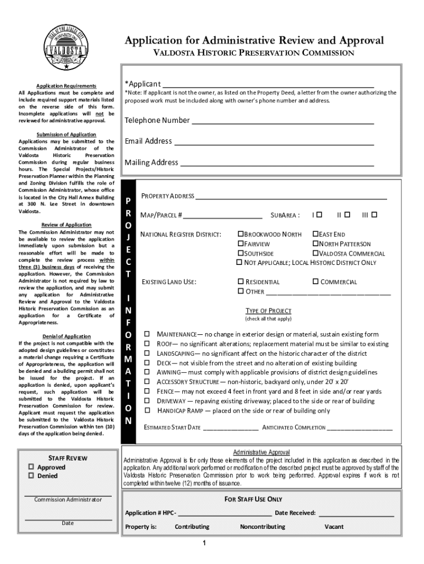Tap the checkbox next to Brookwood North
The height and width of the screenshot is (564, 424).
(241, 234)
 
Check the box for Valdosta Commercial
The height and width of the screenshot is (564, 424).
(316, 253)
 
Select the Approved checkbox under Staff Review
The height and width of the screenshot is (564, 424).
(31, 467)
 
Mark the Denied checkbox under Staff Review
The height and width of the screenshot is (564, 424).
(31, 476)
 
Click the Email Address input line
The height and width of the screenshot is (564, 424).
(274, 142)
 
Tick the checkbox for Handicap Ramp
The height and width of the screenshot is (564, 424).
(147, 410)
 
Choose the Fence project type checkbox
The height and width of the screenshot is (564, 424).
(147, 391)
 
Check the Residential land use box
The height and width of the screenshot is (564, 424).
(241, 281)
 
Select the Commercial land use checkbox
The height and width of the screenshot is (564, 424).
(316, 281)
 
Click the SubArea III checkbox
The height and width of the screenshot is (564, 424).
(374, 214)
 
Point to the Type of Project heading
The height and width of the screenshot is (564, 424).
(268, 311)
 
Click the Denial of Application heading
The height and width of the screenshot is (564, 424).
(66, 337)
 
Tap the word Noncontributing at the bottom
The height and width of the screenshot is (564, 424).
(263, 527)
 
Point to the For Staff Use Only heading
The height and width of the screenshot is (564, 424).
(253, 499)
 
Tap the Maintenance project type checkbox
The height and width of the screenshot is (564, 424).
(147, 334)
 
